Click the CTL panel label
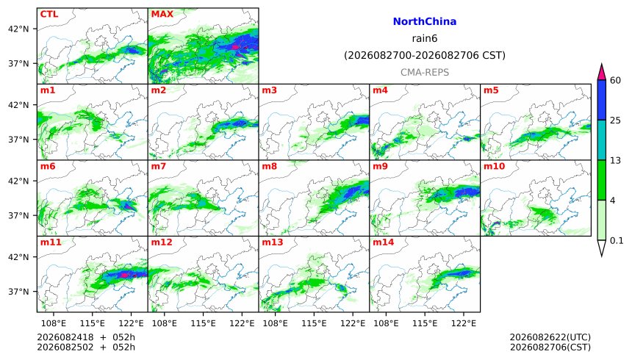click(x=49, y=14)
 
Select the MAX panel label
click(x=162, y=14)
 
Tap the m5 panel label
click(x=491, y=90)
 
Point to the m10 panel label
click(x=494, y=166)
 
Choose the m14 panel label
click(x=383, y=242)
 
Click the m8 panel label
click(x=269, y=166)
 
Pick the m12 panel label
click(x=162, y=242)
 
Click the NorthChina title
click(x=425, y=22)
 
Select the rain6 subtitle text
click(x=425, y=38)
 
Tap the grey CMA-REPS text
click(x=425, y=73)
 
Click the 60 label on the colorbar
click(x=615, y=80)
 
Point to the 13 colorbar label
click(x=615, y=160)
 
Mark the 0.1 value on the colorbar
click(x=617, y=241)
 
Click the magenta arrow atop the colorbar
click(x=602, y=73)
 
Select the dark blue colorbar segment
click(x=602, y=100)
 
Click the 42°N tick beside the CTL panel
click(x=18, y=29)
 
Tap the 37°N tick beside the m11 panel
click(x=18, y=292)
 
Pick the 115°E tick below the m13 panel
click(x=314, y=323)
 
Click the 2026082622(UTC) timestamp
click(x=550, y=337)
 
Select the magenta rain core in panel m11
click(x=124, y=275)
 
